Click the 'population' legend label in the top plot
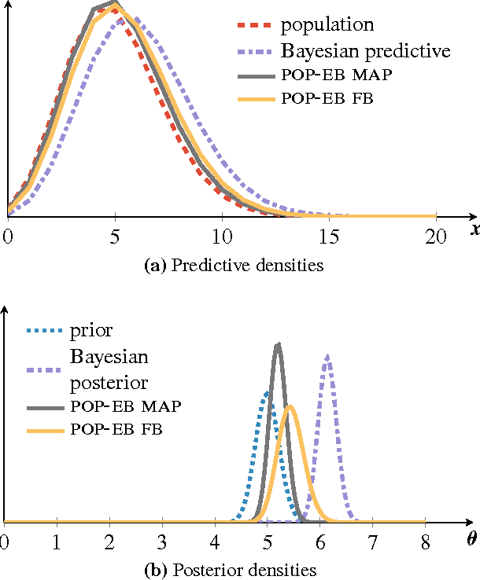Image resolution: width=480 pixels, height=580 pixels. (327, 25)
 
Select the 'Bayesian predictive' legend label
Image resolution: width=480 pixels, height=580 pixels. (365, 52)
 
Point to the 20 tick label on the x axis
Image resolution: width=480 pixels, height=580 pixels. (435, 236)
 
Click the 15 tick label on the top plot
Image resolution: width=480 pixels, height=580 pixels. (329, 236)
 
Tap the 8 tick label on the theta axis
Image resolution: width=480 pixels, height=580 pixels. (426, 542)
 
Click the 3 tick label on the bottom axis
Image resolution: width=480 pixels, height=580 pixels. (162, 542)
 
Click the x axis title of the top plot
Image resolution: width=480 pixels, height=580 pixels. (474, 229)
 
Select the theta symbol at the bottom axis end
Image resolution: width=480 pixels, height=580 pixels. (472, 539)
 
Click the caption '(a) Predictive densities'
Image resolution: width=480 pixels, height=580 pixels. (235, 265)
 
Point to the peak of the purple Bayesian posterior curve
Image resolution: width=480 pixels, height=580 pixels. (327, 356)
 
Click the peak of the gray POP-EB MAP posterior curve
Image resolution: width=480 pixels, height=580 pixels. (277, 344)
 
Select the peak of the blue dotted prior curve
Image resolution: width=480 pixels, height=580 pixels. (267, 391)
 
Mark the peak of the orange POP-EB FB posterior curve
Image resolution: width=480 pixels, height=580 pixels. (290, 406)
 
